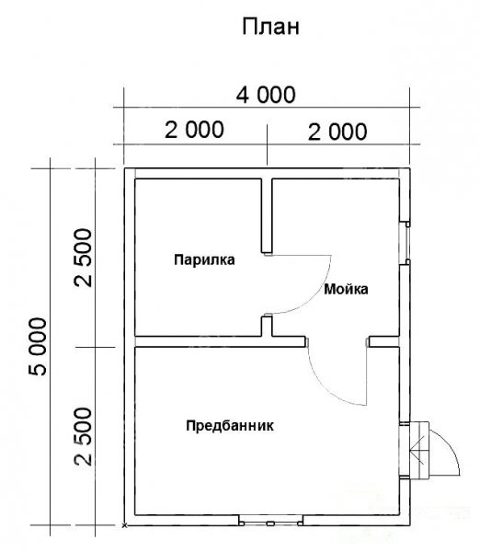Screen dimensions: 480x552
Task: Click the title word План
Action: coord(270,27)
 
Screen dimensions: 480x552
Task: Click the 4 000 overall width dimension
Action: coord(266,95)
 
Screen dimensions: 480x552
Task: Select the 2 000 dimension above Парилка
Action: coord(194,129)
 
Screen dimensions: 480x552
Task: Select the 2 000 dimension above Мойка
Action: coord(337,132)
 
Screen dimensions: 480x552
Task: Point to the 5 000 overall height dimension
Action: coord(38,347)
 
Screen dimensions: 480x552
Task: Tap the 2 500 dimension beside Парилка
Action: coord(83,258)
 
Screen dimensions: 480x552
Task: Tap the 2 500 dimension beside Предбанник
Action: coord(83,436)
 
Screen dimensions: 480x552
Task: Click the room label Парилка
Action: coord(204,259)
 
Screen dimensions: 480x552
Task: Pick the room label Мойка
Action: coord(346,289)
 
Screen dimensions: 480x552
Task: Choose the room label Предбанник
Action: coord(230,426)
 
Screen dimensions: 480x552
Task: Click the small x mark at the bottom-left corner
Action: coord(124,525)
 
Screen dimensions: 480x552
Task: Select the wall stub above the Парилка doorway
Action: coord(267,215)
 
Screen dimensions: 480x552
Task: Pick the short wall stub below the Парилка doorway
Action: coord(267,327)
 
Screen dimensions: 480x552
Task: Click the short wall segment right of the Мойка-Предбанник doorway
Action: coord(384,342)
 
